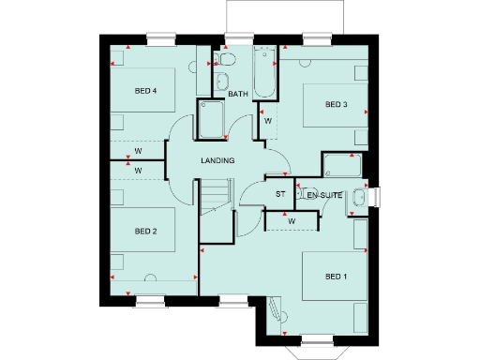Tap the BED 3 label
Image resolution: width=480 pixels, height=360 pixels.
coord(337,104)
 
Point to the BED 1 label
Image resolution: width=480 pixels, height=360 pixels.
coord(336,277)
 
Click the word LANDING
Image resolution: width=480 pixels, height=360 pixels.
coord(217,160)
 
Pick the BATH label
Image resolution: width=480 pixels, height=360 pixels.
coord(237,94)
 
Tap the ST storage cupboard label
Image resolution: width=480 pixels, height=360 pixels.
coord(279,194)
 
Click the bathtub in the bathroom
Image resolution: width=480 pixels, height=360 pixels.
coord(264,72)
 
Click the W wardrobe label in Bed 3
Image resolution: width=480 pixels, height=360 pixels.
coord(267,121)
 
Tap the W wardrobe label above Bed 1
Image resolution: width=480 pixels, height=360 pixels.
coord(292,221)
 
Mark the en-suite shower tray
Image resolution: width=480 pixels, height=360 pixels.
coord(341,167)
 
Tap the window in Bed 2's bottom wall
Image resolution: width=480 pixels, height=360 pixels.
coord(150,301)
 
